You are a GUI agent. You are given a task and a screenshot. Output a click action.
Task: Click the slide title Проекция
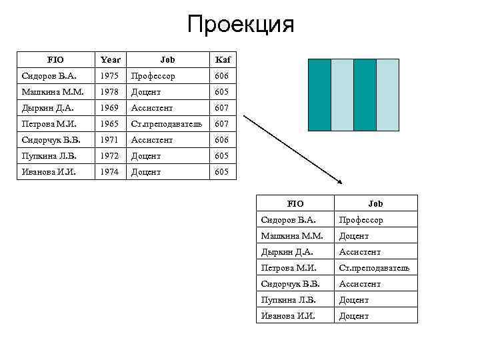[x=240, y=25]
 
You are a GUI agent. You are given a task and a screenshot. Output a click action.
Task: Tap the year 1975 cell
[x=108, y=75]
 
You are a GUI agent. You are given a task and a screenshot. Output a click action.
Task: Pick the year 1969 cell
[x=108, y=107]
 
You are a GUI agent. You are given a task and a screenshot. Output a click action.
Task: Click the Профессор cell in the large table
[x=153, y=75]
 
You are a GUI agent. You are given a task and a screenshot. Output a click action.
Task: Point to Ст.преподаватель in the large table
[x=167, y=123]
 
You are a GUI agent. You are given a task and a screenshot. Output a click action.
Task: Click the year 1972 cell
[x=108, y=155]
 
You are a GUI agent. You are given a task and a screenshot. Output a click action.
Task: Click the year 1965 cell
[x=108, y=123]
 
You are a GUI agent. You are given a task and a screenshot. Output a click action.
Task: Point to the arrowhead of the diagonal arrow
[x=340, y=183]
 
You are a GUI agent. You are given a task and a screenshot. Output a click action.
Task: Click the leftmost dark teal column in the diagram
[x=320, y=95]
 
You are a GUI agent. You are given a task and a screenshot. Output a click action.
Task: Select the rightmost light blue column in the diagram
[x=388, y=95]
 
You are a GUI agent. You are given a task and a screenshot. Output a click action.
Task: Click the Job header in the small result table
[x=375, y=203]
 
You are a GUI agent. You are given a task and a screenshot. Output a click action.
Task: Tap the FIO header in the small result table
[x=295, y=203]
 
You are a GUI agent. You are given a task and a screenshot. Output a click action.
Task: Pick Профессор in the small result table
[x=361, y=219]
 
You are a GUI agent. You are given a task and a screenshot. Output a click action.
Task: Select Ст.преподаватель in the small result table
[x=374, y=267]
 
